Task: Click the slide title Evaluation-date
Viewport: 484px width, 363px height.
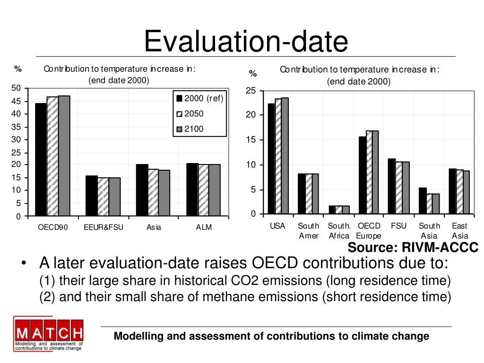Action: [246, 41]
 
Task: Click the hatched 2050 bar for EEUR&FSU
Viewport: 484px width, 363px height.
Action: [103, 197]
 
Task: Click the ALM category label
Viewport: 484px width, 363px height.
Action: [204, 227]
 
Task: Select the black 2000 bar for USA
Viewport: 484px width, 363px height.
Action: [271, 159]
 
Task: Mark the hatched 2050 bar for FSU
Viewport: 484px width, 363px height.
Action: [398, 188]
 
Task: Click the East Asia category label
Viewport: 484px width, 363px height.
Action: [459, 231]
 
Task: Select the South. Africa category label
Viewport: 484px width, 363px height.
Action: [338, 231]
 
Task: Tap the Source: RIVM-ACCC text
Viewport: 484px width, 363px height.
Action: [413, 248]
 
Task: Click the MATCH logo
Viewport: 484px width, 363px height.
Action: [49, 334]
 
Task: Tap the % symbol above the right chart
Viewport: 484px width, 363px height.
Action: [253, 74]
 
